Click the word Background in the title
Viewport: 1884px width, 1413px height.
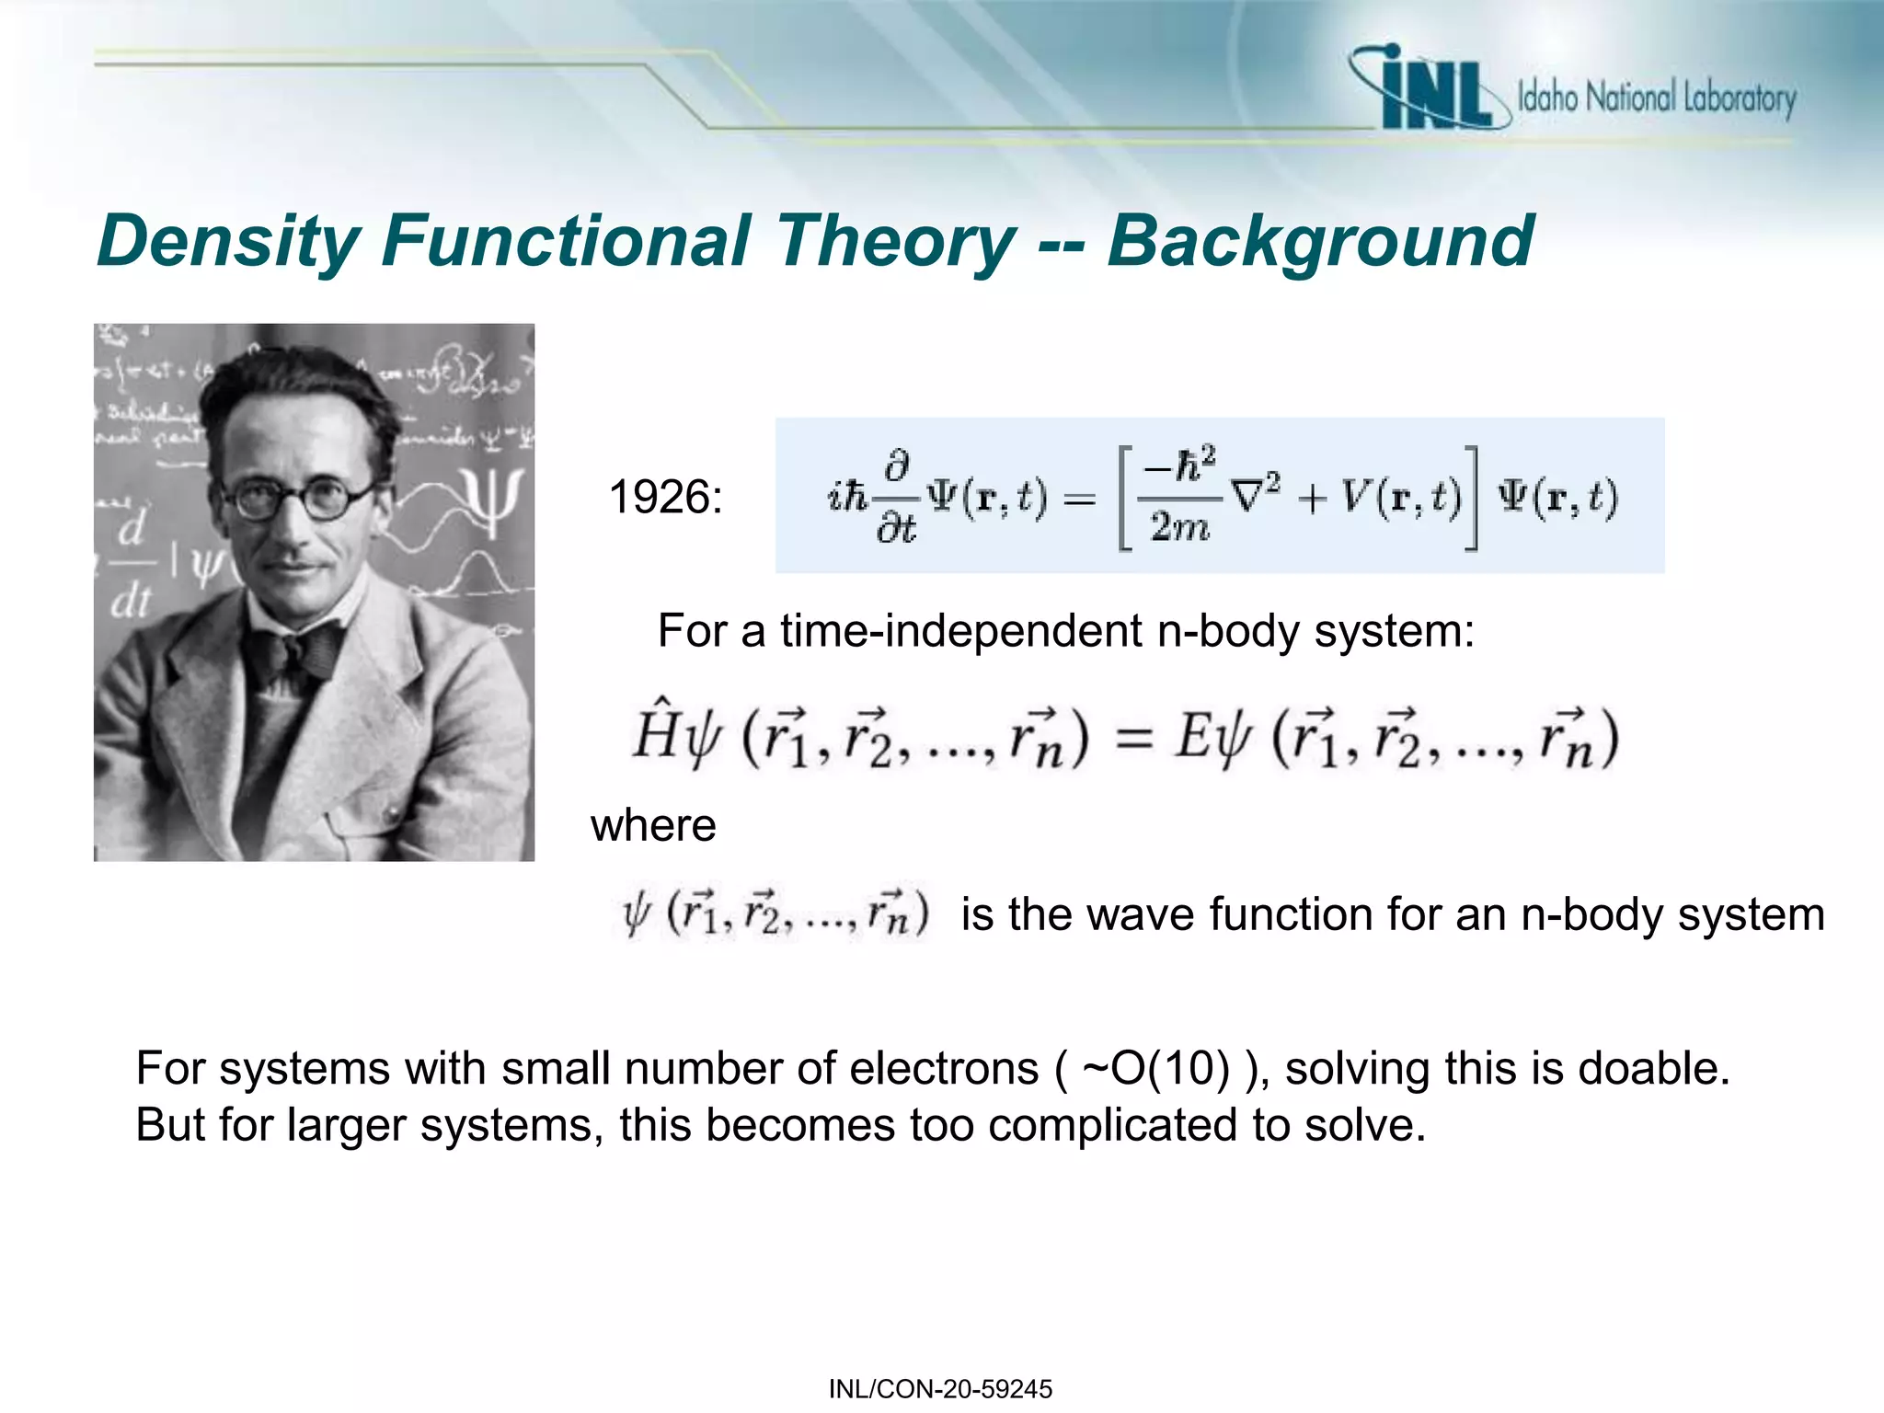click(1320, 242)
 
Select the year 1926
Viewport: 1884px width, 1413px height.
click(665, 498)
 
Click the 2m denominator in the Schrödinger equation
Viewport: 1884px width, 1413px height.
click(1179, 527)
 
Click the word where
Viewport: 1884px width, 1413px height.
click(653, 825)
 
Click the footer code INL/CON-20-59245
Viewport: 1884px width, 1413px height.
click(940, 1389)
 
